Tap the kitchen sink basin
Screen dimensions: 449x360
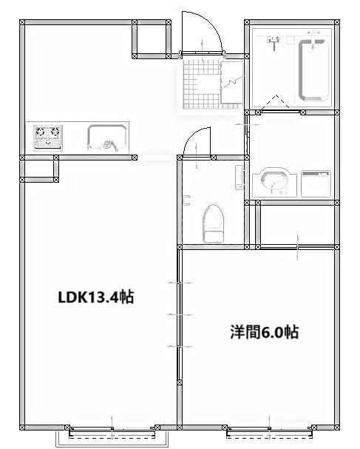[x=105, y=138]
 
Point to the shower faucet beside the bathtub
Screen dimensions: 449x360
[x=274, y=41]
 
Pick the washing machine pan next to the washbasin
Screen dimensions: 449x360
[x=316, y=183]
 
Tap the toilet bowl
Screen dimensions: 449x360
[x=213, y=223]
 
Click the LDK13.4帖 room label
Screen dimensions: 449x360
[x=96, y=297]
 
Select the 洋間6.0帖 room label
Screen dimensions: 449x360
[x=264, y=332]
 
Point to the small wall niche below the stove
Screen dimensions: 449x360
[x=38, y=169]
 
